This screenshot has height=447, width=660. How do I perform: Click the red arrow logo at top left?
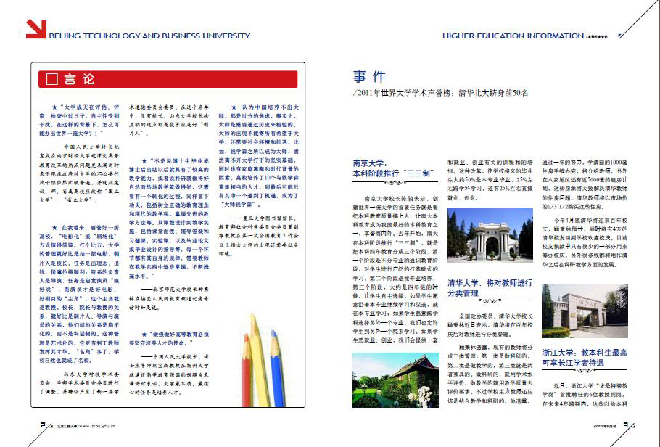pyautogui.click(x=36, y=28)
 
